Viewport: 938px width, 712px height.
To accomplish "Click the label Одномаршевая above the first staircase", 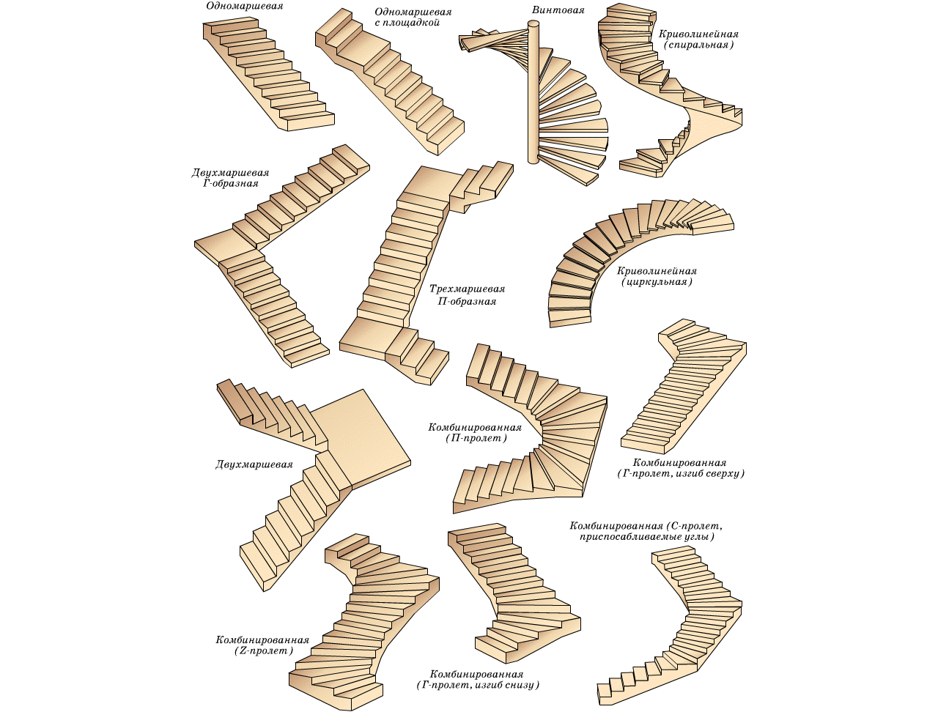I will pos(244,7).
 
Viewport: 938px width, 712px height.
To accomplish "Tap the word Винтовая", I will pos(558,10).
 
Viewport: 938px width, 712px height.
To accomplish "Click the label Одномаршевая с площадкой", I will pos(413,18).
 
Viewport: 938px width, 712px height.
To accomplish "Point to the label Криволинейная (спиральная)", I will pos(698,40).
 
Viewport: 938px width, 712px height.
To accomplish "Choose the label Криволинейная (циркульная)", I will pos(657,276).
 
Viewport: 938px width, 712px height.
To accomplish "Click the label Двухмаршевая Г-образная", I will pos(230,178).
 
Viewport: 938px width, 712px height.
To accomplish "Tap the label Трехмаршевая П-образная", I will pos(467,295).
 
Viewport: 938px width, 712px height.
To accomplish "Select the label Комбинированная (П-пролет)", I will pos(475,433).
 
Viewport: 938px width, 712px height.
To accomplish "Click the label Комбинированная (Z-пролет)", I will pos(262,645).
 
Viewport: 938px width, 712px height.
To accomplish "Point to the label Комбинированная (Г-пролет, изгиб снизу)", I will pos(477,680).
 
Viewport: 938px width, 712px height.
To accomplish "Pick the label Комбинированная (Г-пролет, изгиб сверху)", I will pos(680,468).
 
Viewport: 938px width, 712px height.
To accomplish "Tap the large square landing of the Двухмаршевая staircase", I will pos(359,437).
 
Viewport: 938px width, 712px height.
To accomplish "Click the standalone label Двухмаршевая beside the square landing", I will pos(254,464).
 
